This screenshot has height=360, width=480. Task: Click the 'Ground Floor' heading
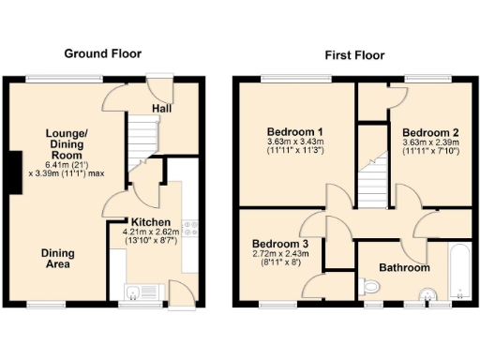pos(103,53)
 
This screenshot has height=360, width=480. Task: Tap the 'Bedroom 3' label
pos(280,243)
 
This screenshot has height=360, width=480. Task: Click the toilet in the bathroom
pos(427,293)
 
